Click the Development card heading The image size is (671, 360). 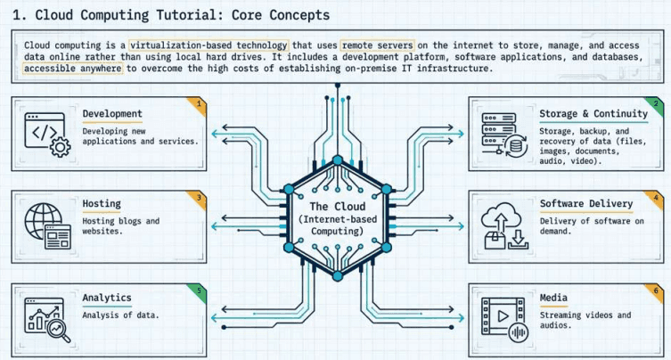112,114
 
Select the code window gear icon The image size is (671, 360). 47,135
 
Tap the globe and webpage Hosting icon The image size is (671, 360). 47,225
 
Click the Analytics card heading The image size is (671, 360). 107,298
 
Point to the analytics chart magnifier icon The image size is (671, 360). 47,320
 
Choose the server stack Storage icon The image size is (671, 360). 504,135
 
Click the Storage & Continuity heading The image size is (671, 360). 593,114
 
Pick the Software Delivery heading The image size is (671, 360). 586,204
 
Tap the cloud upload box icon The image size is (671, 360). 504,225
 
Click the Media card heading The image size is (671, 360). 553,298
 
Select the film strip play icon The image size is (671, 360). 504,320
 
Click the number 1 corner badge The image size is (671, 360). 199,104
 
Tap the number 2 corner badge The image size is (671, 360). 656,104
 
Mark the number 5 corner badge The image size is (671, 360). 199,291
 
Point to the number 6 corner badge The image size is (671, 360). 656,291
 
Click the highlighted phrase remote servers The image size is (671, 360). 378,45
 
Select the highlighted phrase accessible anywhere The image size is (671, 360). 73,68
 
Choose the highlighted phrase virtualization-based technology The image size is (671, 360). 209,45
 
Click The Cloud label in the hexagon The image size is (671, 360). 338,207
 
